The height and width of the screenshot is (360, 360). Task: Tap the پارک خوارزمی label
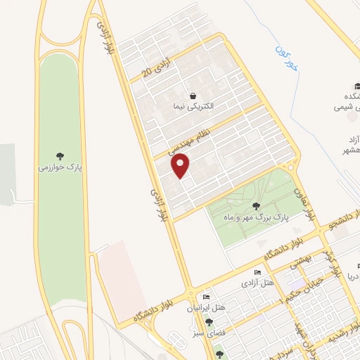[x=60, y=169]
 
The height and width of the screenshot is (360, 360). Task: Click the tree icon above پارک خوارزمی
[x=60, y=156]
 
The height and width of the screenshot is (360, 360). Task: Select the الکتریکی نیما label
[x=192, y=107]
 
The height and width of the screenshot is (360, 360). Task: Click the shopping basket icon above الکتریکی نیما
[x=193, y=95]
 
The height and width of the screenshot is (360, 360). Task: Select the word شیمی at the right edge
[x=347, y=108]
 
